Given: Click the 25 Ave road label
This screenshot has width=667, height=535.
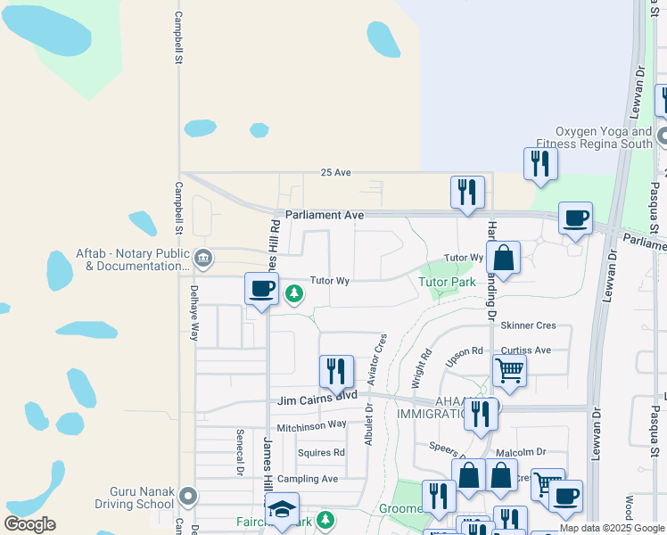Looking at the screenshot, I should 336,172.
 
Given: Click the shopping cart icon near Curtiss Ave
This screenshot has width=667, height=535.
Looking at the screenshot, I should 509,369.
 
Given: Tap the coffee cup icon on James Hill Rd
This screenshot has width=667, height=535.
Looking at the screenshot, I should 261,288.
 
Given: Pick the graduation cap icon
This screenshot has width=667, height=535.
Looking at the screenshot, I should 283,508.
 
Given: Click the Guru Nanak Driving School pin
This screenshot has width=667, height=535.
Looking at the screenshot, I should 188,494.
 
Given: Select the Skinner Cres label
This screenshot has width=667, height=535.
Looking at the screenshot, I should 529,326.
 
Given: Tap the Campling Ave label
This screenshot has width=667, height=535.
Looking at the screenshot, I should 307,479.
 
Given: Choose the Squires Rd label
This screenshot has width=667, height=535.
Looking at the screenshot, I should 321,453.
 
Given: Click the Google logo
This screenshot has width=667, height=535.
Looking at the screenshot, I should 29,524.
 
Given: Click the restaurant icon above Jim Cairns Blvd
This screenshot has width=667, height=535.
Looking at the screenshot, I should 336,371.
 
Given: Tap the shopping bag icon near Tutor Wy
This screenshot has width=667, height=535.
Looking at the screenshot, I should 503,258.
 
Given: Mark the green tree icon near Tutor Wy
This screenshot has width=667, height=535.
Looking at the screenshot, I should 293,292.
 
